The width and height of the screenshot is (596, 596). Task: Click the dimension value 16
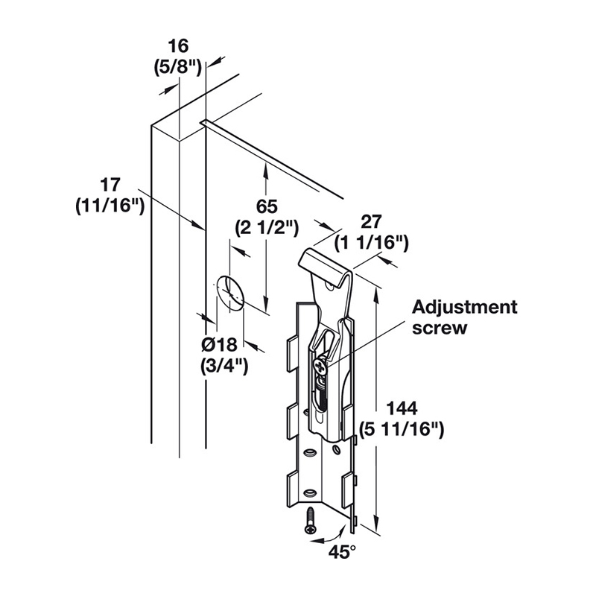tap(178, 46)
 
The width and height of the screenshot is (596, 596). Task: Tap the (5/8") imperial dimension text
tap(178, 69)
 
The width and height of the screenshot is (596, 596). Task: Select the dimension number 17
tap(110, 185)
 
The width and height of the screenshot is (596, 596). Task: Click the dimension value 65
tap(267, 207)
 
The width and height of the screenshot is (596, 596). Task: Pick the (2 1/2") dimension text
tap(267, 229)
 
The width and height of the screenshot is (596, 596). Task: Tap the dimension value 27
tap(370, 222)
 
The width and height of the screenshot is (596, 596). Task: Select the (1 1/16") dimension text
tap(371, 244)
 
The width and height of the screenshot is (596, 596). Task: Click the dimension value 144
tap(402, 408)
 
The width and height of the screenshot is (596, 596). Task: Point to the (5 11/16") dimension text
tap(402, 430)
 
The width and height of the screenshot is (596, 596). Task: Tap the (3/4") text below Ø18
tap(224, 367)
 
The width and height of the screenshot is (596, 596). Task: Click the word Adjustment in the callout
tap(464, 307)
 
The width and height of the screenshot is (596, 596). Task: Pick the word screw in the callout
tap(440, 328)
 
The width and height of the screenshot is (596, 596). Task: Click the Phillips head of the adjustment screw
tap(320, 367)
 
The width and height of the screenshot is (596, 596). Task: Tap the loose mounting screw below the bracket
tap(310, 521)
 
